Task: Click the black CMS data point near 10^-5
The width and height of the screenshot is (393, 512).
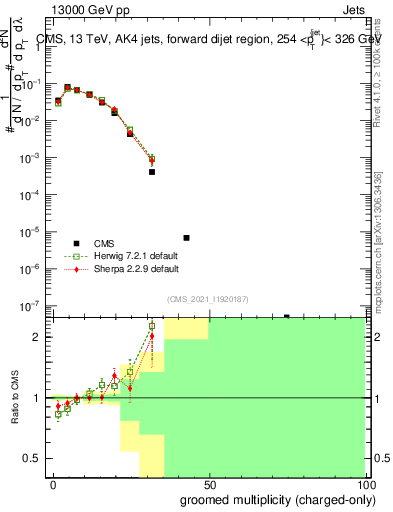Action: tap(187, 238)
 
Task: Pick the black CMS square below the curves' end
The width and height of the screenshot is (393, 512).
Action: tap(152, 172)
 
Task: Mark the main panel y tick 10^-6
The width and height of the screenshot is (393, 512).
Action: tap(39, 269)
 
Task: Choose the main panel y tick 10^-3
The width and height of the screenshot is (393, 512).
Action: tap(39, 158)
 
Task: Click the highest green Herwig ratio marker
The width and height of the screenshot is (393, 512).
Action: tap(152, 326)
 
